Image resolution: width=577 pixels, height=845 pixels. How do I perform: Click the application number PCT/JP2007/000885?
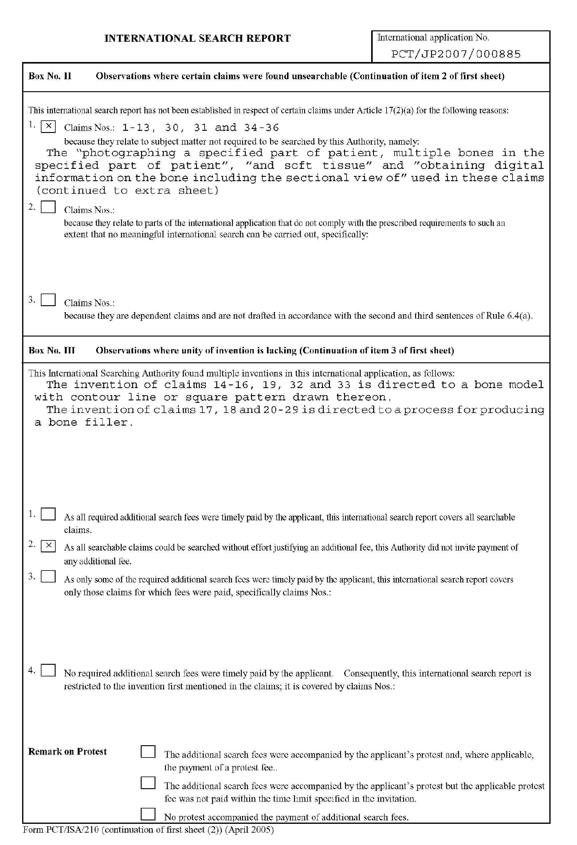(x=456, y=54)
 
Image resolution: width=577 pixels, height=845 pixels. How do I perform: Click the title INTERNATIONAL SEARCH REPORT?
(x=197, y=39)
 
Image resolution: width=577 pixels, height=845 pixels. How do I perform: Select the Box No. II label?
(x=50, y=76)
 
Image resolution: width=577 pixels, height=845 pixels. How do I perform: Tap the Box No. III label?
(x=52, y=351)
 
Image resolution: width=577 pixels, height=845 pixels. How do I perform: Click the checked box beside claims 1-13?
(x=48, y=127)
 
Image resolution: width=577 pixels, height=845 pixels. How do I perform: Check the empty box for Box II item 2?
(x=48, y=207)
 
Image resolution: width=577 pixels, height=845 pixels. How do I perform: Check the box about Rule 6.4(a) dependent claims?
(x=48, y=300)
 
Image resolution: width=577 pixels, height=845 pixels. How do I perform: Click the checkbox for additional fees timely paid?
(x=48, y=514)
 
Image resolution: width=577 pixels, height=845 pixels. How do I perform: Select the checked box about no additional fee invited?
(x=48, y=546)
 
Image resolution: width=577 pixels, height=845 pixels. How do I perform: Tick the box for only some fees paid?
(x=48, y=577)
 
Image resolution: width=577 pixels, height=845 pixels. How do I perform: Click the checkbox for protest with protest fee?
(x=148, y=752)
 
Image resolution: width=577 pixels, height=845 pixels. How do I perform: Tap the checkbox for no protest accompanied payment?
(x=148, y=814)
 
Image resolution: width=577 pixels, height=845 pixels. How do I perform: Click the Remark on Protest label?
(x=67, y=752)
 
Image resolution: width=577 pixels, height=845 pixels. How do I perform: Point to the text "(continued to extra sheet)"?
(x=127, y=191)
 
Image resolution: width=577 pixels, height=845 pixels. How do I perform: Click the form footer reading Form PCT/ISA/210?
(x=148, y=830)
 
